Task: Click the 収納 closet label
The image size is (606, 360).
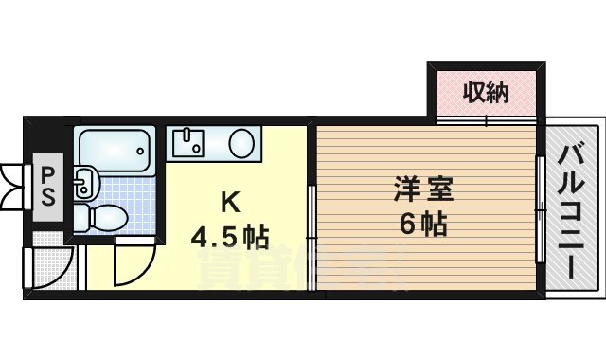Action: [486, 92]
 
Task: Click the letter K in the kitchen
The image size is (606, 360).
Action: [229, 201]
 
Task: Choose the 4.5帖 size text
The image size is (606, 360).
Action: [230, 235]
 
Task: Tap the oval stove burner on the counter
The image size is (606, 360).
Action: [241, 144]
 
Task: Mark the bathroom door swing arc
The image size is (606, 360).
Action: [134, 263]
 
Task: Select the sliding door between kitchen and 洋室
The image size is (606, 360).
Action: [312, 232]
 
